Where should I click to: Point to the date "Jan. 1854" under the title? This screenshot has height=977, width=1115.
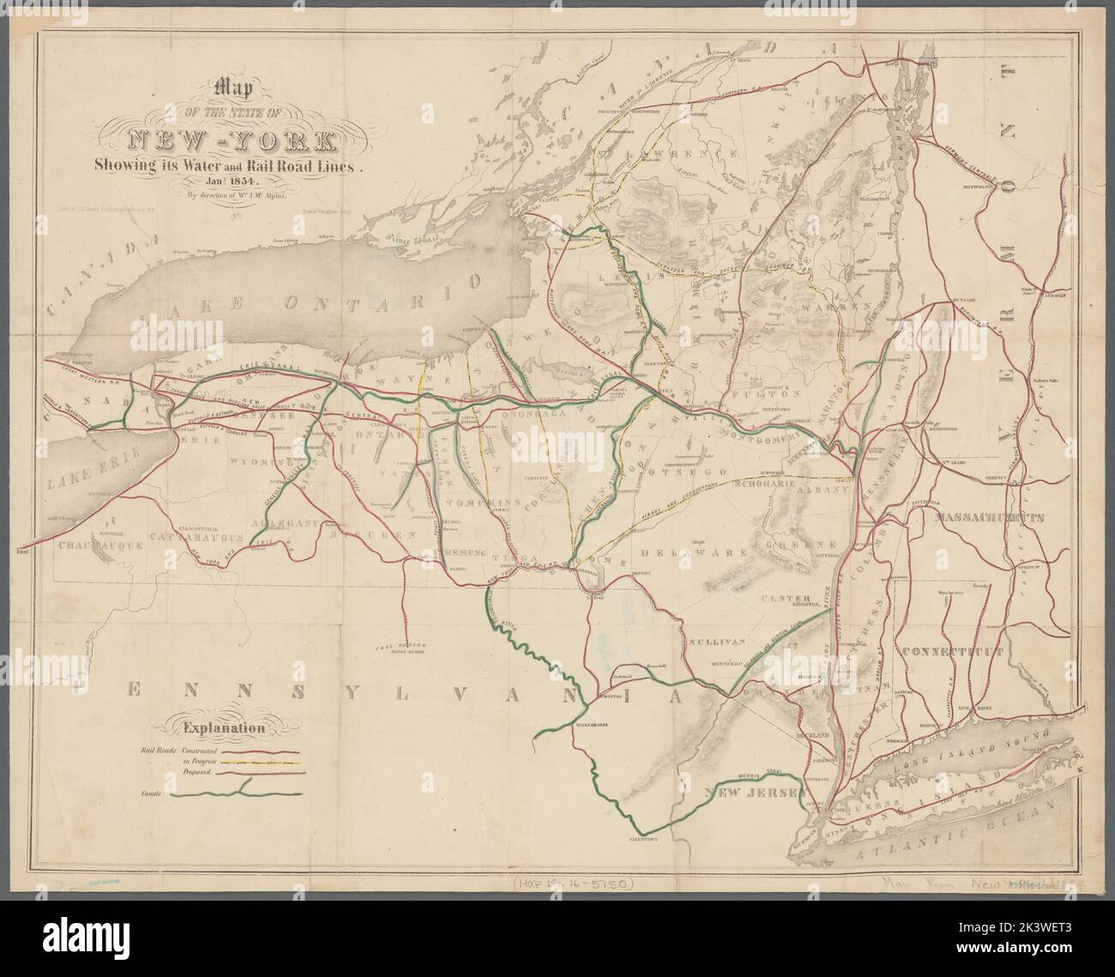224,182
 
